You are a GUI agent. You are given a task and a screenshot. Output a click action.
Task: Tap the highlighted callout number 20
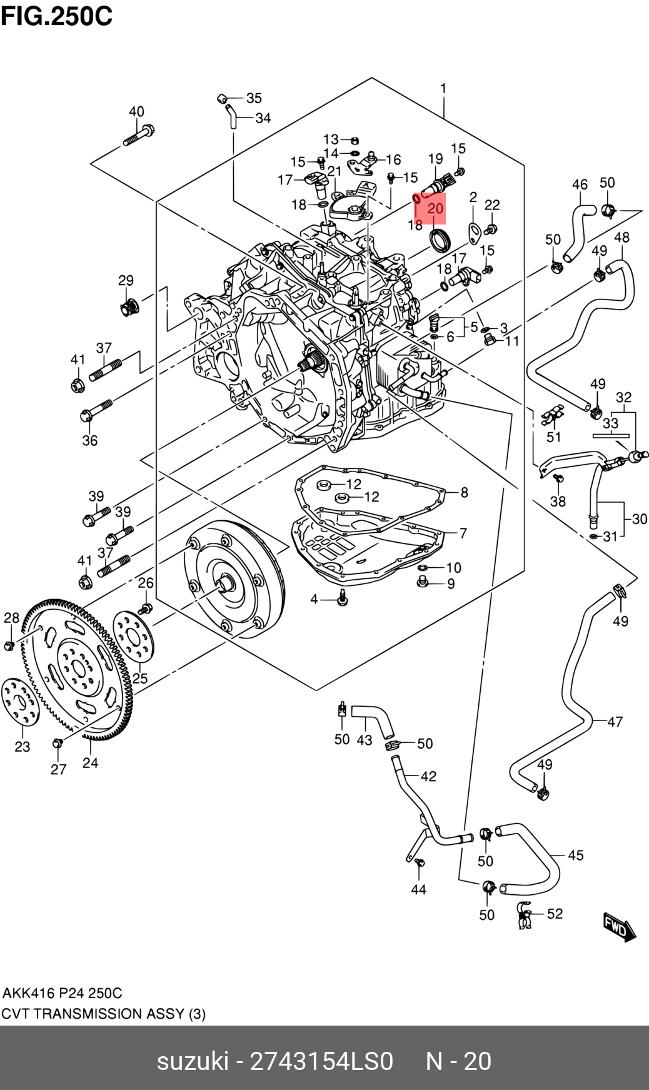point(435,208)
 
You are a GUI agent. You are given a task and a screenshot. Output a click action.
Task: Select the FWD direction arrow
point(619,926)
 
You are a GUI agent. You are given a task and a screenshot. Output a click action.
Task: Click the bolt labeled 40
point(139,136)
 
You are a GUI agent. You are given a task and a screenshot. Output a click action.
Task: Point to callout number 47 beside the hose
point(615,722)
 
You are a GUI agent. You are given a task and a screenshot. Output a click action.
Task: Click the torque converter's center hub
point(225,584)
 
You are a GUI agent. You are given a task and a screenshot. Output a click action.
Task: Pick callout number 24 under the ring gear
point(90,762)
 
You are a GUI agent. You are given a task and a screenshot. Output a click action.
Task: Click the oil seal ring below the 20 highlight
point(438,239)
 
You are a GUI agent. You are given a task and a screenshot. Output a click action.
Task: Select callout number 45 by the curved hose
point(575,855)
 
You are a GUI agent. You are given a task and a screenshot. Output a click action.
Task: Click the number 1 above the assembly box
point(443,88)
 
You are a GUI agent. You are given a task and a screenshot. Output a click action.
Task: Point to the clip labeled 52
point(524,916)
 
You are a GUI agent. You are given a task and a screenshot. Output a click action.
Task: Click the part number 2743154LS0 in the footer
point(321,1061)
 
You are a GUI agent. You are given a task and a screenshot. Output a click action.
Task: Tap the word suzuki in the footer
point(193,1061)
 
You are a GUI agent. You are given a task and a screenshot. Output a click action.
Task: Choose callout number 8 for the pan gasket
point(464,492)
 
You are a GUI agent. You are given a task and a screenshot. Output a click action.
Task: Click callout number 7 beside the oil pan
point(463,533)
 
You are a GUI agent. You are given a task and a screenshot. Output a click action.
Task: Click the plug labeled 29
point(129,307)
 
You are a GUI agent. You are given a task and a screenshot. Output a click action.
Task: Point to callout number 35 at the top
point(254,98)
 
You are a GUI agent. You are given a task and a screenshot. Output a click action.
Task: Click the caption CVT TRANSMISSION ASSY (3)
point(103,1014)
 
